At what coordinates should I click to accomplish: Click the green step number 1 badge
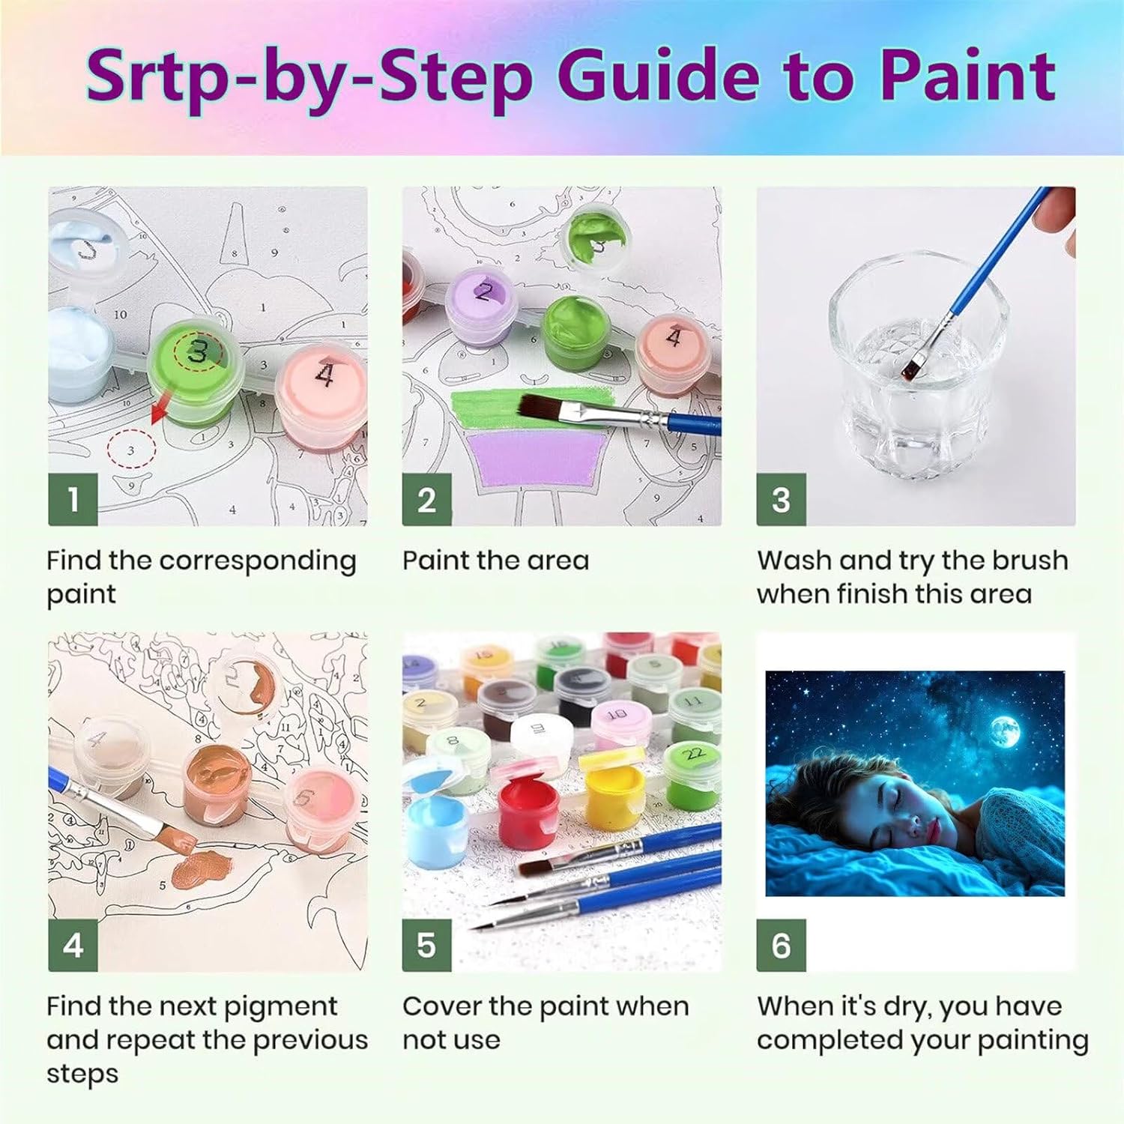coord(73,499)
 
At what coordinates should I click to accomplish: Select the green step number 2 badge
coord(426,499)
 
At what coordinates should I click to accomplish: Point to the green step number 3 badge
coord(781,499)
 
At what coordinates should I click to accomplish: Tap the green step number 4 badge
coord(73,945)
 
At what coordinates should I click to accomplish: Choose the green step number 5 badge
coord(426,945)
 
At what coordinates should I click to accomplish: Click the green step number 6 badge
coord(781,945)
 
